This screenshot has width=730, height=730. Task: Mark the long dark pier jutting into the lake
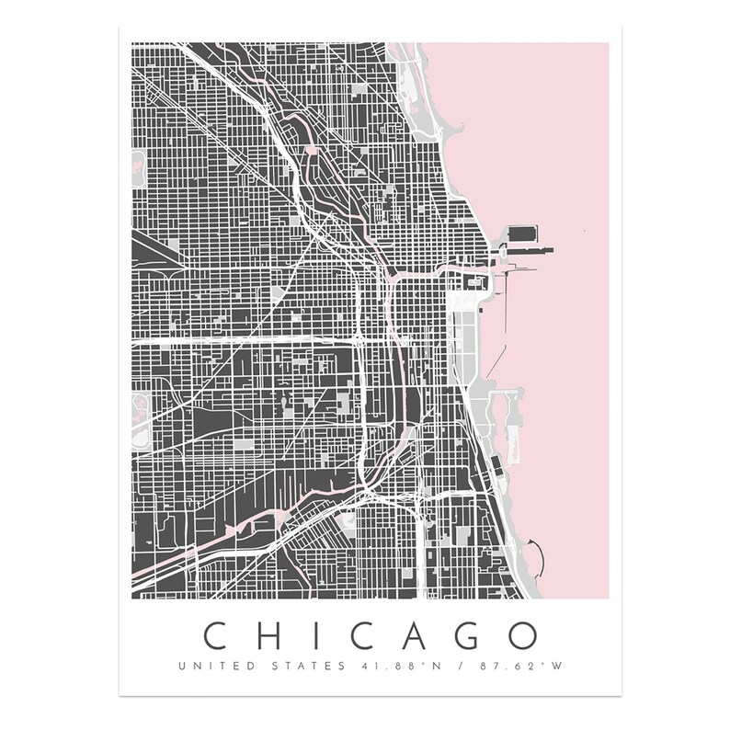(524, 249)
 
